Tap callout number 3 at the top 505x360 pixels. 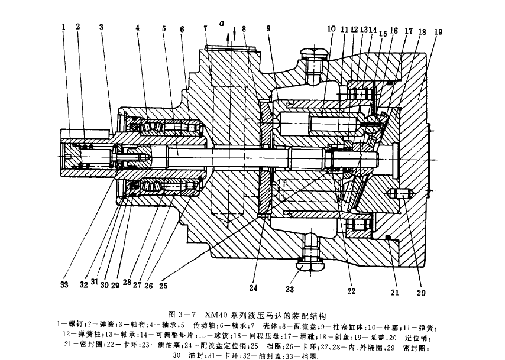coord(101,27)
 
